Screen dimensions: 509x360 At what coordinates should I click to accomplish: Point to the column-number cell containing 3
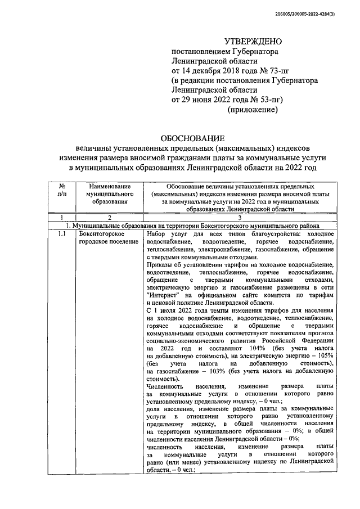pyautogui.click(x=239, y=218)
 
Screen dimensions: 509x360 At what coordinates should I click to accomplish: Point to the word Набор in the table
pyautogui.click(x=156, y=233)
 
